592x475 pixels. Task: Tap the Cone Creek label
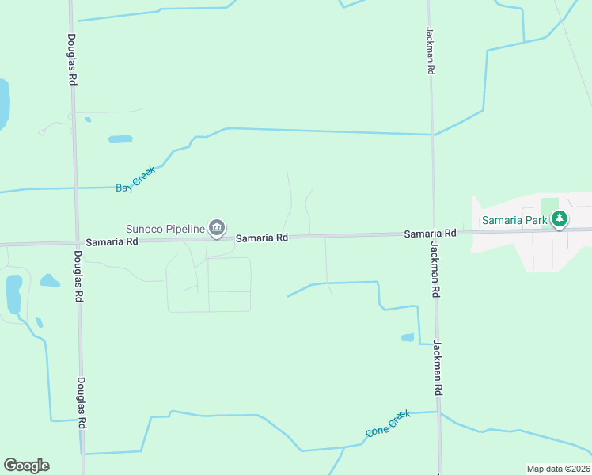click(x=388, y=424)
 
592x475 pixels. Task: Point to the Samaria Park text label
click(x=515, y=219)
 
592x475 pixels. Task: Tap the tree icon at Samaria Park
click(x=560, y=218)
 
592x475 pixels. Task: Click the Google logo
click(x=26, y=465)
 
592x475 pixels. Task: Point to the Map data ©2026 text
click(x=559, y=469)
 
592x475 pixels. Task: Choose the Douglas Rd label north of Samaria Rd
click(x=71, y=59)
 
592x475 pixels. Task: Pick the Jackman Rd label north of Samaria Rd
click(x=430, y=51)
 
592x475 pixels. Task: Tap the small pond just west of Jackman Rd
click(x=408, y=337)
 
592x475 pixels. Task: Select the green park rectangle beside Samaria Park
click(x=550, y=207)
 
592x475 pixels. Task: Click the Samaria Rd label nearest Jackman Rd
click(x=430, y=234)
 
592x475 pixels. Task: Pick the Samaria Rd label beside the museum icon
click(x=261, y=237)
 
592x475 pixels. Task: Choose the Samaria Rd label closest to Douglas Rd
click(x=112, y=241)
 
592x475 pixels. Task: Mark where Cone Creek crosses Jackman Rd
click(x=438, y=412)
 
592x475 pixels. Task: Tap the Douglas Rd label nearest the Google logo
click(x=81, y=401)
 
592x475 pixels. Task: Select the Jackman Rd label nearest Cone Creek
click(x=436, y=368)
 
